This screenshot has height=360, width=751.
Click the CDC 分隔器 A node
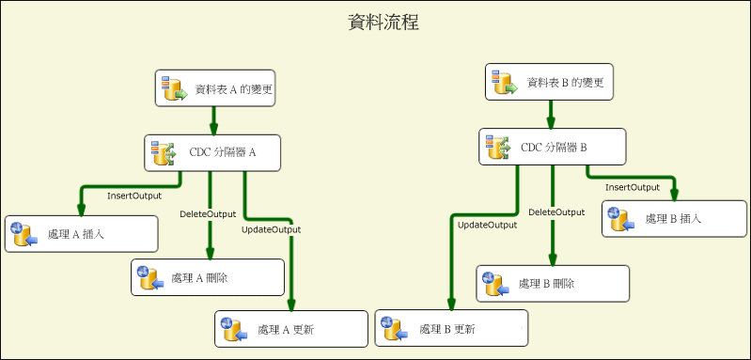[x=213, y=152]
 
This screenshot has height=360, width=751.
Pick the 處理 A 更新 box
[x=291, y=328]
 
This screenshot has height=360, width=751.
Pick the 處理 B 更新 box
[x=451, y=328]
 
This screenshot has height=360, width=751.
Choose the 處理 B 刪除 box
[x=553, y=283]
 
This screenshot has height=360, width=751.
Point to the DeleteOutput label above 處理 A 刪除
[x=208, y=214]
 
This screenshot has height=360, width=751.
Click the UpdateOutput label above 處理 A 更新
[x=271, y=229]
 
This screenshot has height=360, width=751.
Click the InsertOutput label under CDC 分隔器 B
[x=633, y=187]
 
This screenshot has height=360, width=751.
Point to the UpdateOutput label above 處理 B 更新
[x=487, y=225]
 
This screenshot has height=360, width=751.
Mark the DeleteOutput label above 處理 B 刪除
[x=556, y=212]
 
